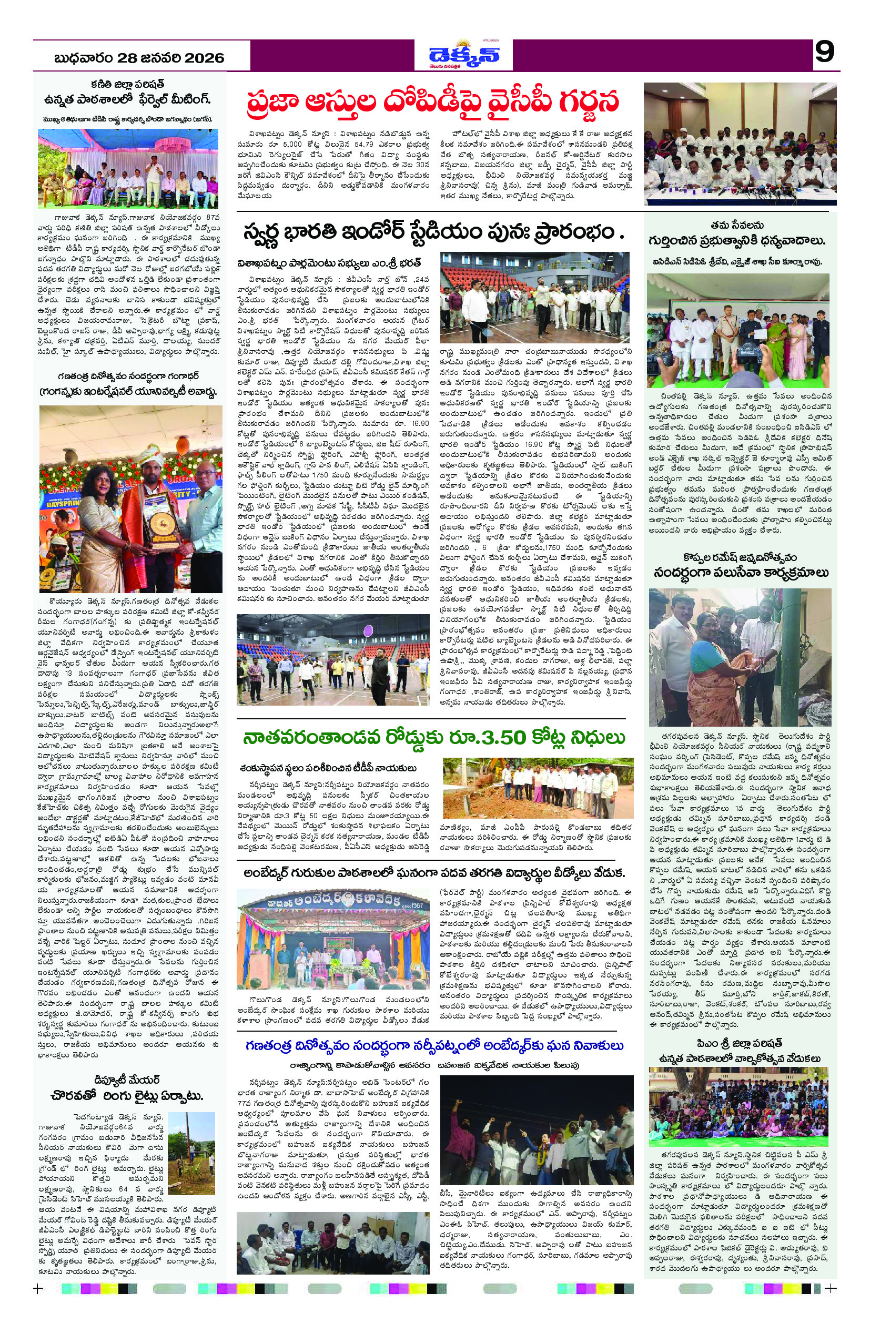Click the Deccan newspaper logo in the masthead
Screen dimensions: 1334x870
[463, 56]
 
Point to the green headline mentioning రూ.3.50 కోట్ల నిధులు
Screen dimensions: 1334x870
[433, 738]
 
